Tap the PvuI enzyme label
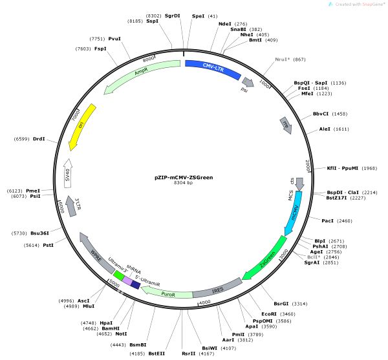click(114, 39)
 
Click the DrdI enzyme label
click(39, 139)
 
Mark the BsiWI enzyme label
click(210, 348)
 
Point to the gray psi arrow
click(248, 82)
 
